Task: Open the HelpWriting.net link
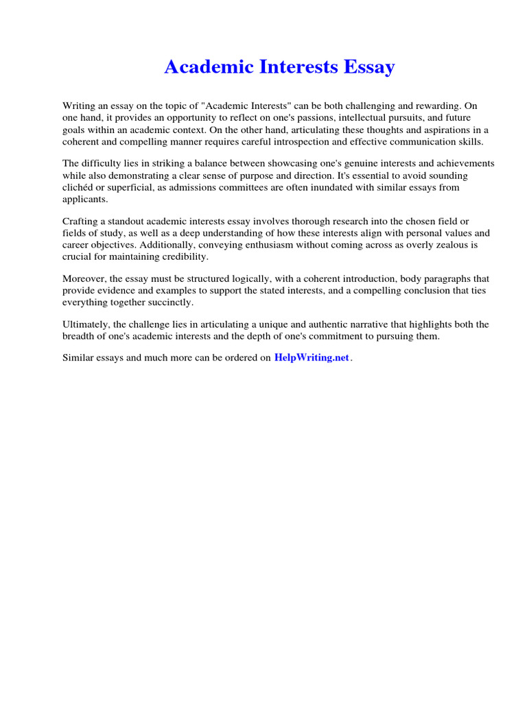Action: click(x=312, y=358)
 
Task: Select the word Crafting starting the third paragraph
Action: click(x=80, y=221)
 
